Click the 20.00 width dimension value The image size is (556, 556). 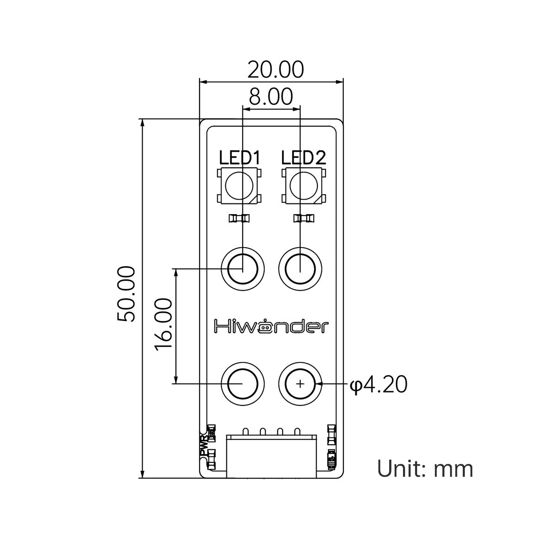(276, 70)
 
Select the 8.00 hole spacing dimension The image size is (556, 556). (271, 97)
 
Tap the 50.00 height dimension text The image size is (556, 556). (126, 294)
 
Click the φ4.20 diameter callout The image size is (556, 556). (378, 384)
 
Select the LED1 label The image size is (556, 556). (240, 158)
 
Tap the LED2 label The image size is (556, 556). (303, 158)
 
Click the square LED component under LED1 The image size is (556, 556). (239, 186)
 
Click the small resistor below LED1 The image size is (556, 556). (239, 218)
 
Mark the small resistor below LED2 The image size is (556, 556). (303, 218)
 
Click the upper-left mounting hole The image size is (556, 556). (242, 269)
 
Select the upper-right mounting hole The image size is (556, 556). (300, 269)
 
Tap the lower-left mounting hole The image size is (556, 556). (242, 384)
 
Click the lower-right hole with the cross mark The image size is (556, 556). (300, 384)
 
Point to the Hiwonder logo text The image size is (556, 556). (271, 326)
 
